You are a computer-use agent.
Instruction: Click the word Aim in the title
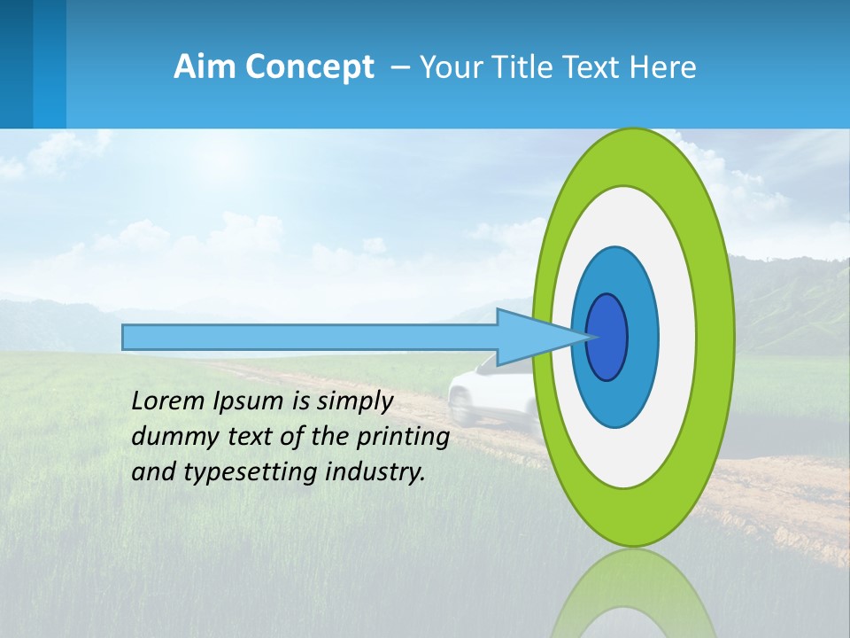click(x=204, y=67)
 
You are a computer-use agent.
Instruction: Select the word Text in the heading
click(x=595, y=67)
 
